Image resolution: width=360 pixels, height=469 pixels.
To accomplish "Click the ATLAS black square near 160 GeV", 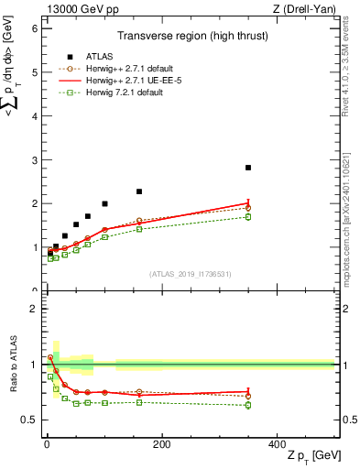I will pyautogui.click(x=139, y=191).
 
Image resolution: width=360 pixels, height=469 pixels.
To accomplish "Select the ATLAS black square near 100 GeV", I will pyautogui.click(x=104, y=203).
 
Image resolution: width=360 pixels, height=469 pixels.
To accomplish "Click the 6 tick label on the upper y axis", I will pyautogui.click(x=34, y=28).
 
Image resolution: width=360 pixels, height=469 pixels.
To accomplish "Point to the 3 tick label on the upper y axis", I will pyautogui.click(x=34, y=160).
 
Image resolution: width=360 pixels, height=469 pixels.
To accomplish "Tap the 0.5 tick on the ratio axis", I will pyautogui.click(x=29, y=420).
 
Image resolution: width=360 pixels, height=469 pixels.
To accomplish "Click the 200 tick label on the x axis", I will pyautogui.click(x=161, y=443).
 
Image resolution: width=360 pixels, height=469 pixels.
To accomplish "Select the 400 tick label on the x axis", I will pyautogui.click(x=276, y=443).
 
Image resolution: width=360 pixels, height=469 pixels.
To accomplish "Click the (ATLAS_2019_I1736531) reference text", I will pyautogui.click(x=191, y=274).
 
